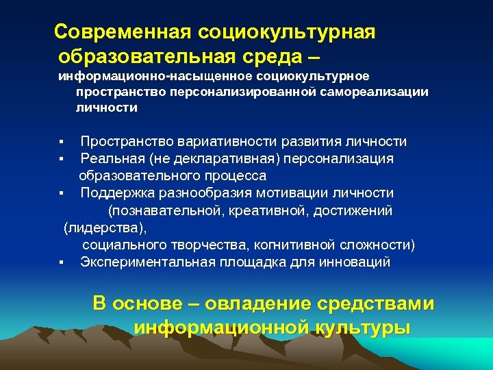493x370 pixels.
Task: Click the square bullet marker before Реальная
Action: click(61, 159)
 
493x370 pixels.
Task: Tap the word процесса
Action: click(237, 175)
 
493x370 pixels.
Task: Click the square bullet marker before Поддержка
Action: click(61, 193)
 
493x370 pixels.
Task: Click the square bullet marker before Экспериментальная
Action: click(61, 262)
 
